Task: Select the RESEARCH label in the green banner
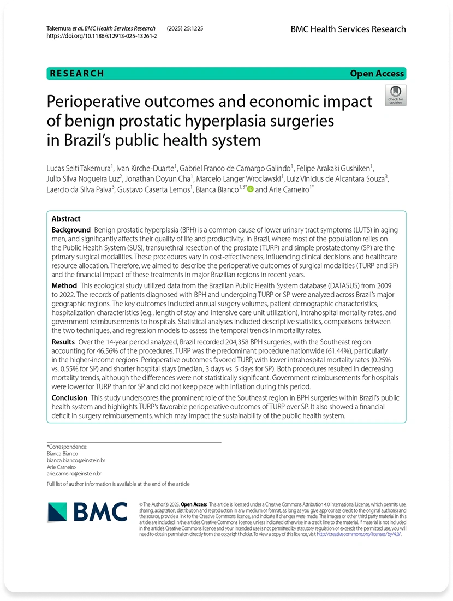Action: (x=76, y=74)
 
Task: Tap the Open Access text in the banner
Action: (x=377, y=74)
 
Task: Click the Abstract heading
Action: (x=66, y=218)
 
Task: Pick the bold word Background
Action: (x=71, y=230)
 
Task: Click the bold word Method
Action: (x=64, y=285)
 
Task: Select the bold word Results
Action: (x=63, y=341)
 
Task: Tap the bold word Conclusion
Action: (x=69, y=398)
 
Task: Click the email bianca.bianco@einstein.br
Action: (x=76, y=461)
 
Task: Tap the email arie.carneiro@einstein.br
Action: (x=74, y=474)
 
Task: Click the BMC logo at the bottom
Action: (x=87, y=511)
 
